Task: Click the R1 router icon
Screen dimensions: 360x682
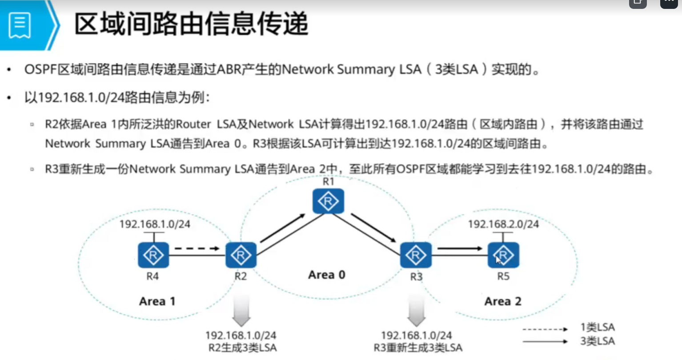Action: click(x=328, y=201)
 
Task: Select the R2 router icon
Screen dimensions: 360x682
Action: click(x=241, y=255)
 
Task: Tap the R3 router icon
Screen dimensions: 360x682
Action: click(x=416, y=255)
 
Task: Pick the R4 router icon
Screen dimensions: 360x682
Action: click(x=153, y=255)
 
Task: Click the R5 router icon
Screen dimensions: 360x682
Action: click(x=503, y=255)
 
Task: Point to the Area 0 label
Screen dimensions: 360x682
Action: click(x=327, y=275)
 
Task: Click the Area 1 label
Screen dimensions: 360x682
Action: click(x=157, y=301)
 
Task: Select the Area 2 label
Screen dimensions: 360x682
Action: click(x=502, y=301)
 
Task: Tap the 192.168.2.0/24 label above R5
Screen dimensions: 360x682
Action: click(x=503, y=224)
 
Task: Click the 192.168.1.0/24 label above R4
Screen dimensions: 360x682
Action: click(x=155, y=224)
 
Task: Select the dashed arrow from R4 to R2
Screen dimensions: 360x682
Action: click(x=197, y=248)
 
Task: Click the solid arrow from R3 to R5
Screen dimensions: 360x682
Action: click(x=460, y=248)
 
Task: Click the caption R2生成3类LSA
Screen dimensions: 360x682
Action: click(x=242, y=348)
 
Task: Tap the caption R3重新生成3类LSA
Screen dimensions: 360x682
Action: click(x=417, y=348)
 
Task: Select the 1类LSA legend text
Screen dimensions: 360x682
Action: click(x=598, y=328)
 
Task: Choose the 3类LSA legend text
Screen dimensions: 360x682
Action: click(x=598, y=341)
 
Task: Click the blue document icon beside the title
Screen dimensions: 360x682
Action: click(x=20, y=25)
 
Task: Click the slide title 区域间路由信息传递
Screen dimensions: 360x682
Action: click(x=191, y=24)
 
